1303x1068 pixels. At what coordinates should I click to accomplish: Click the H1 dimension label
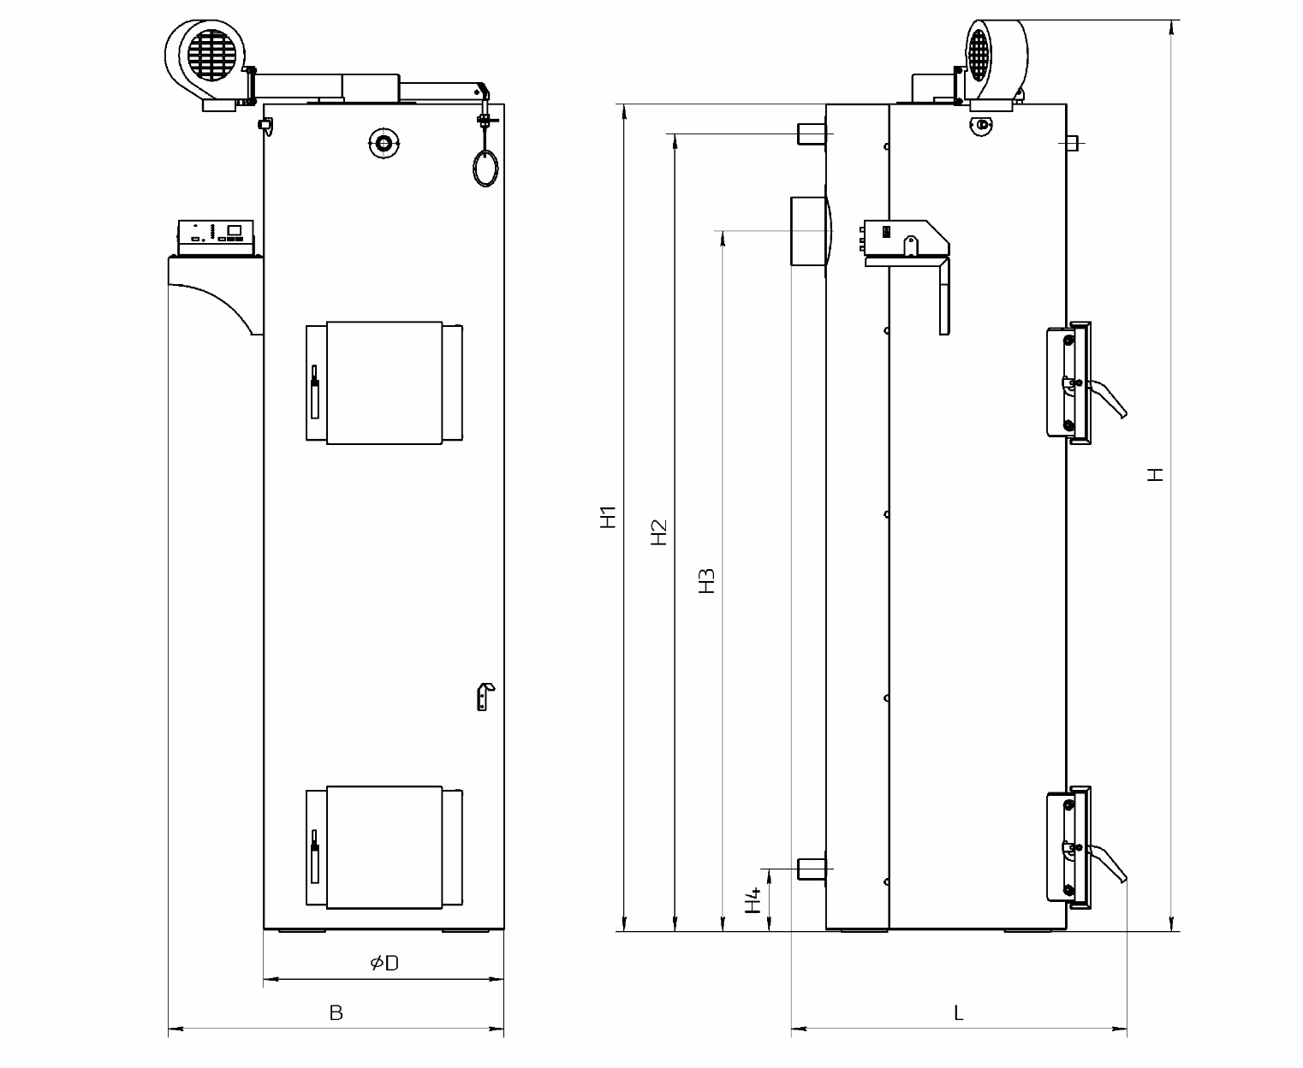click(x=609, y=518)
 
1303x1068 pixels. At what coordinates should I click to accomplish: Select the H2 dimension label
click(x=659, y=532)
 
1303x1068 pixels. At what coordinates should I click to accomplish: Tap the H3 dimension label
click(x=707, y=581)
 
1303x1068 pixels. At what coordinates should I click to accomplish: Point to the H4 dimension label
click(x=753, y=900)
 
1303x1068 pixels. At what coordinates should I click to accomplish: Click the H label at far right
click(x=1156, y=474)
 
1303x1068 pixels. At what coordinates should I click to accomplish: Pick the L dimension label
click(x=958, y=1013)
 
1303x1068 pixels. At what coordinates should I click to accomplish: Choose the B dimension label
click(x=336, y=1013)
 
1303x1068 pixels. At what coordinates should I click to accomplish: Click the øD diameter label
click(x=384, y=963)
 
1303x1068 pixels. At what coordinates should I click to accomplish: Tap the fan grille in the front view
click(x=212, y=55)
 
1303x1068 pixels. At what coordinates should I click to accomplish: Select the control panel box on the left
click(x=216, y=238)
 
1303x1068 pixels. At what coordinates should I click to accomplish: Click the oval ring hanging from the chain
click(x=485, y=168)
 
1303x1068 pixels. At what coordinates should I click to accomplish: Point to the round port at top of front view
click(x=384, y=145)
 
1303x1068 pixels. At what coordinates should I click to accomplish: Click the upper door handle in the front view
click(x=314, y=392)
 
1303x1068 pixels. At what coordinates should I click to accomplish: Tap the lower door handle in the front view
click(x=314, y=856)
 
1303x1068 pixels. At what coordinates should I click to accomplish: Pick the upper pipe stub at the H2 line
click(x=812, y=134)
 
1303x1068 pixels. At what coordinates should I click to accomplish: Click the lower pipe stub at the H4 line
click(x=812, y=869)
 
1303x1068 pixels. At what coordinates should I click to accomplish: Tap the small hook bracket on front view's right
click(x=485, y=697)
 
